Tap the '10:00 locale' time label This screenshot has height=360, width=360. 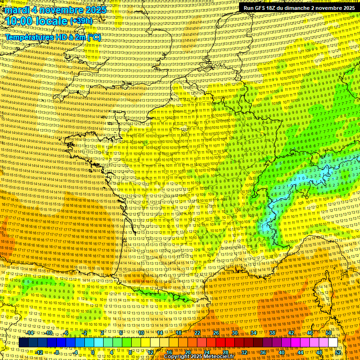37,21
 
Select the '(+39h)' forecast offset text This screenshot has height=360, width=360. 81,21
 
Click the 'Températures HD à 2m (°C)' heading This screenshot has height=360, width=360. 52,37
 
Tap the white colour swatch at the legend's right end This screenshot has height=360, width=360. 333,343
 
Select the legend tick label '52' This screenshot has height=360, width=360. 338,352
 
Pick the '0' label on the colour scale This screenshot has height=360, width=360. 93,352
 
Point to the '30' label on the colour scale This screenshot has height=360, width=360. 234,333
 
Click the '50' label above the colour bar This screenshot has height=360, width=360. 328,333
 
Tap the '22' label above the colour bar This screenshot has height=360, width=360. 197,333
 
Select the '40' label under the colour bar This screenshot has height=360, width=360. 282,352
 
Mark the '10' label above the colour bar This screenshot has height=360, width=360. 141,333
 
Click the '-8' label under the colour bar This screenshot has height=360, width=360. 57,352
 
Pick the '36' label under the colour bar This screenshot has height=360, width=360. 263,352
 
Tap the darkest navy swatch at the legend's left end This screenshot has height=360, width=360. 23,343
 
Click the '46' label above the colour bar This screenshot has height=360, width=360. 309,333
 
